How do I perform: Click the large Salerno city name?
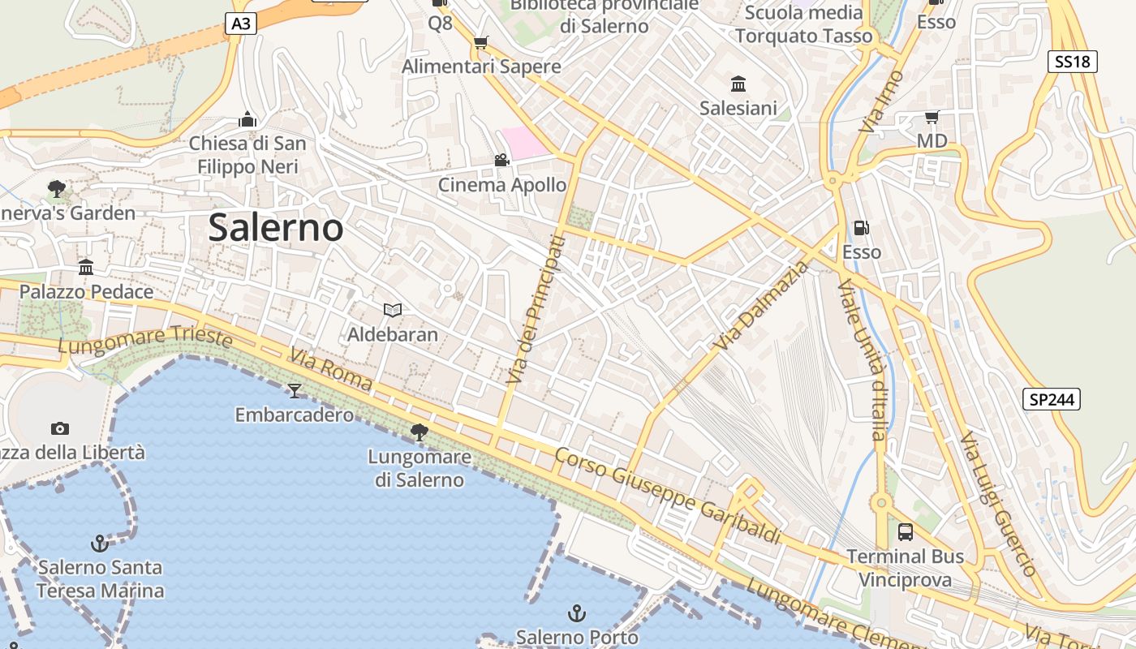[x=276, y=228]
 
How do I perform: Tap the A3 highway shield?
[x=241, y=24]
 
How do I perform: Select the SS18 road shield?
[x=1072, y=62]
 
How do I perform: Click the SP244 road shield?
[x=1051, y=399]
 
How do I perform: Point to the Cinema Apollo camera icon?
[x=501, y=161]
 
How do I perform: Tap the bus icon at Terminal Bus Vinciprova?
[x=906, y=532]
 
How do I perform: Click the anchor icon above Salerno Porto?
[x=576, y=612]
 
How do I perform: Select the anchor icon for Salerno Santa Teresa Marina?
[x=99, y=543]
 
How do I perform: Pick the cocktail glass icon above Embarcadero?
[x=295, y=391]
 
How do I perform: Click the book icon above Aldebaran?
[x=393, y=310]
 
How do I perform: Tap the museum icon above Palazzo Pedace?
[x=86, y=268]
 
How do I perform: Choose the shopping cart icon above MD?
[x=932, y=118]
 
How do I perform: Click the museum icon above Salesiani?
[x=738, y=84]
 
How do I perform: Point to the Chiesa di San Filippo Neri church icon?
[x=247, y=120]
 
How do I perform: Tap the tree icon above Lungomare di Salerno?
[x=420, y=432]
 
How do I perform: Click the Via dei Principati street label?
[x=534, y=310]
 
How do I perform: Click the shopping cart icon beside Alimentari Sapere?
[x=481, y=43]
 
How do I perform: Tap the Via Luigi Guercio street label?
[x=998, y=504]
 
